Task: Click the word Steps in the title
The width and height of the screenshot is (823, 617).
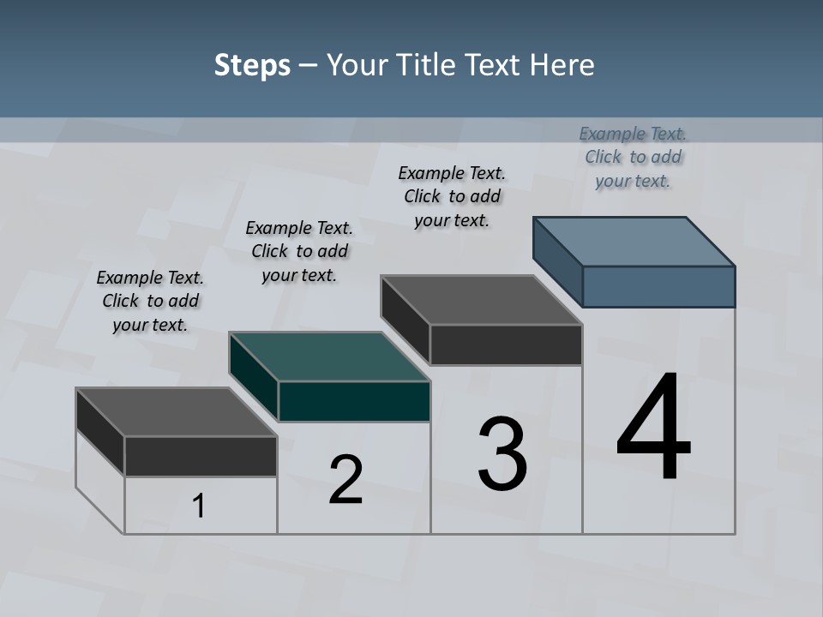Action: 252,65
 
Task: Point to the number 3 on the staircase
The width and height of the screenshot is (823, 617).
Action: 502,454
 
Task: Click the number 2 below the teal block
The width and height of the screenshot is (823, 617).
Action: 346,480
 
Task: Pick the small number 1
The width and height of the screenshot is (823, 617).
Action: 199,506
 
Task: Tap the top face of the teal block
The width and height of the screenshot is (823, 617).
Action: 329,356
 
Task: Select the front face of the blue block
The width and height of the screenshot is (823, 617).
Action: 658,286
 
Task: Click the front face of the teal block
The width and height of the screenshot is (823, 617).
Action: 354,401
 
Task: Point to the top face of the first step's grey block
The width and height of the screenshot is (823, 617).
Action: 177,412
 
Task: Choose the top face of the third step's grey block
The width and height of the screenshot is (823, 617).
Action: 482,300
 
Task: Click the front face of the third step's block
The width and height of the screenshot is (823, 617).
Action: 506,344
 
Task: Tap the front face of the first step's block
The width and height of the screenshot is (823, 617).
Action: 201,456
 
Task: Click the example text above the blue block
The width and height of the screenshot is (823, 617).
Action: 633,157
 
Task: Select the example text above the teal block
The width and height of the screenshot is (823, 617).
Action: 298,251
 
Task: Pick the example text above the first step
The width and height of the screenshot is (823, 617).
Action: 150,301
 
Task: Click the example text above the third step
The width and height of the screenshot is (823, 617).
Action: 452,196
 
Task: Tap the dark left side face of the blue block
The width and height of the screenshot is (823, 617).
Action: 557,261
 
